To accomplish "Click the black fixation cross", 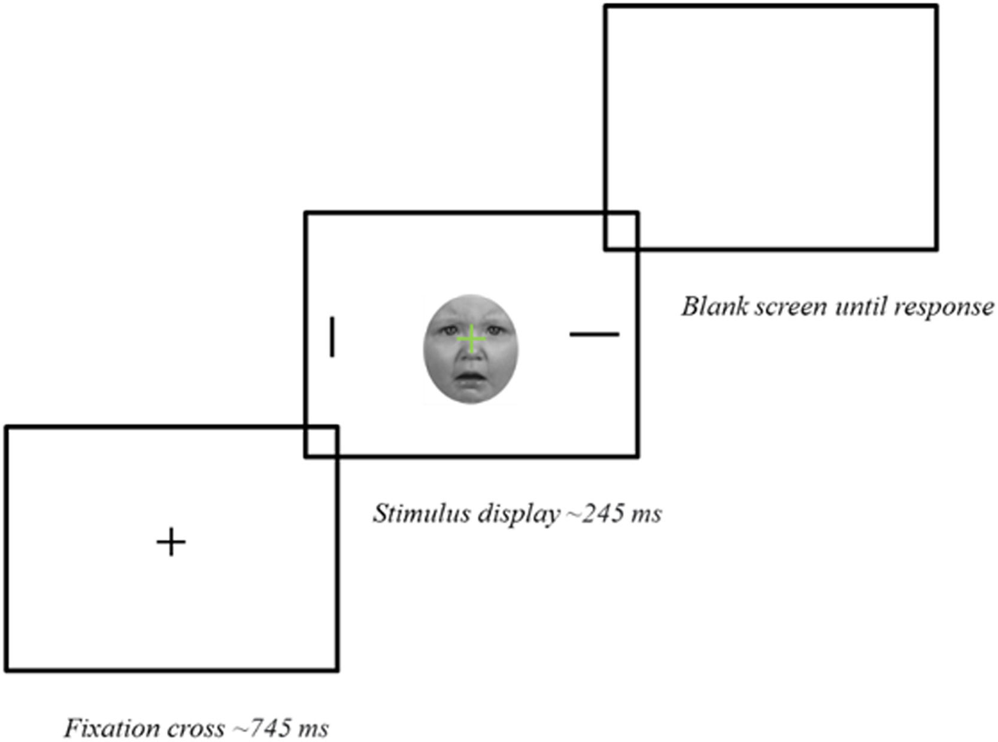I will pyautogui.click(x=171, y=542).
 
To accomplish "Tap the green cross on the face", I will pyautogui.click(x=472, y=339).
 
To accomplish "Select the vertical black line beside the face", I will pyautogui.click(x=332, y=337).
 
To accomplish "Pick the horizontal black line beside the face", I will pyautogui.click(x=594, y=334).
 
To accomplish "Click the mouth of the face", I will pyautogui.click(x=471, y=378).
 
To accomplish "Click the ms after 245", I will pyautogui.click(x=646, y=514).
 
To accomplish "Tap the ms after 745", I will pyautogui.click(x=313, y=729).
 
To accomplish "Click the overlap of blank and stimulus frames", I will pyautogui.click(x=621, y=230).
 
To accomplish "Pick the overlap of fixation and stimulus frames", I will pyautogui.click(x=321, y=442).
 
